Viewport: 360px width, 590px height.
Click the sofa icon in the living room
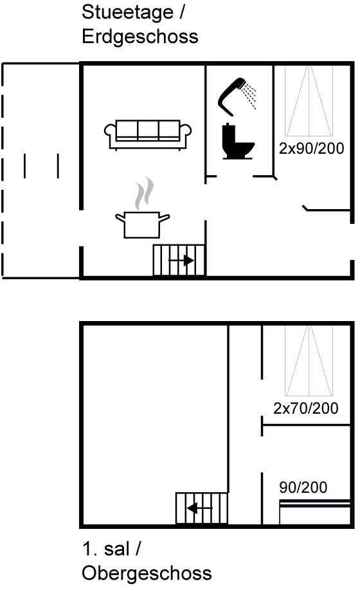point(148,134)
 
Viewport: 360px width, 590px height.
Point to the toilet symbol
point(237,141)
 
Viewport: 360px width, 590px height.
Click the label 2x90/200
point(312,148)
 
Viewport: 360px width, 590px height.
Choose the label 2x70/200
point(306,409)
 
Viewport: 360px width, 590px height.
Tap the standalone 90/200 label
point(303,487)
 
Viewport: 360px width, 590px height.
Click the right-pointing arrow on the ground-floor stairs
point(181,261)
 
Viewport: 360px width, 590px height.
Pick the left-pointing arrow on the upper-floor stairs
point(199,508)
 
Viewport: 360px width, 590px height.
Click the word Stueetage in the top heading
point(128,12)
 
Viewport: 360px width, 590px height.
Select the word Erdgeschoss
point(140,37)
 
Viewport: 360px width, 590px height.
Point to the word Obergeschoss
point(147,573)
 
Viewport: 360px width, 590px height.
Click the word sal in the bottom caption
point(117,549)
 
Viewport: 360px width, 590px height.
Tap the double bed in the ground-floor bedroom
point(309,101)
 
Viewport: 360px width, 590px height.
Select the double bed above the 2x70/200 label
point(309,360)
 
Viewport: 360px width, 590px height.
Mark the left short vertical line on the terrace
point(25,165)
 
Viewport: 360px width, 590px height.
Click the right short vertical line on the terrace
point(58,165)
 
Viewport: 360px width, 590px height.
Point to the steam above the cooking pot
point(144,193)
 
